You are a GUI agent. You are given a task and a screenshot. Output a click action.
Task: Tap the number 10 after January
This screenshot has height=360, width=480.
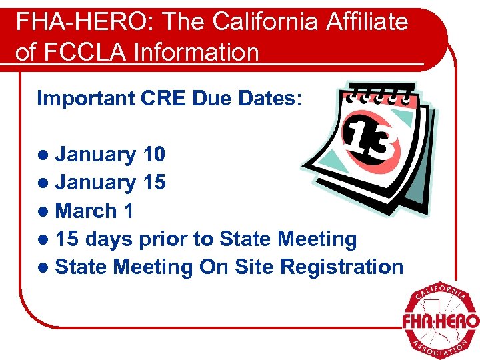click(x=154, y=155)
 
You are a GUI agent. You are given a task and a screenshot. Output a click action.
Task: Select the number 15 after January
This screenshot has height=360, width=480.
click(x=154, y=182)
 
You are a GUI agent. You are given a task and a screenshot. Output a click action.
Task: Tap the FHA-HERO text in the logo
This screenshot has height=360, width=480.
click(x=441, y=321)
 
